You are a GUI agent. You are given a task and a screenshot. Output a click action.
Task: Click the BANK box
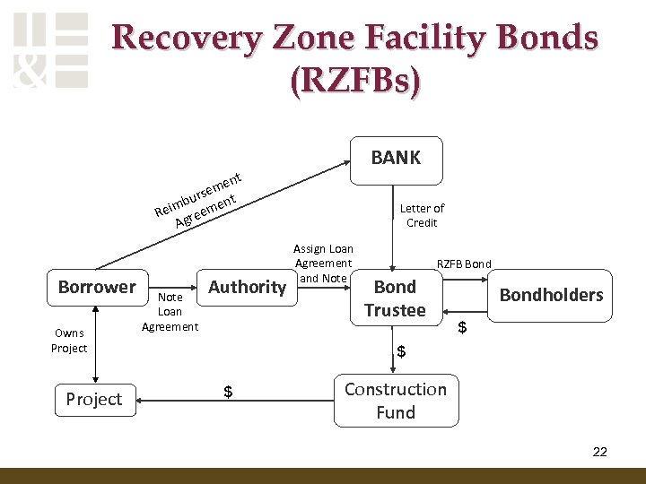[x=396, y=160]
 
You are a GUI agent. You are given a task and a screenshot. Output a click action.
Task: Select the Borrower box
[x=96, y=288]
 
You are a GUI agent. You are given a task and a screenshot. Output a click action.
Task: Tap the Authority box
[x=247, y=288]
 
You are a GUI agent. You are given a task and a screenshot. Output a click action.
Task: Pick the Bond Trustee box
[x=396, y=298]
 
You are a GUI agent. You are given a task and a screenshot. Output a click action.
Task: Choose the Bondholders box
[x=551, y=296]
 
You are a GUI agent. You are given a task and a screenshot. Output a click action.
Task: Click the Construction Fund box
[x=396, y=401]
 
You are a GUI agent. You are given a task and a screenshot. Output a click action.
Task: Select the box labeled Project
[x=93, y=400]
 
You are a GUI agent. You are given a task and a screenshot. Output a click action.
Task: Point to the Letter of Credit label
[x=422, y=215]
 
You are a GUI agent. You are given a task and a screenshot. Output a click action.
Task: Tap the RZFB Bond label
[x=464, y=264]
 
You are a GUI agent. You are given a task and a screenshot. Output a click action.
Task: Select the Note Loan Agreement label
[x=170, y=311]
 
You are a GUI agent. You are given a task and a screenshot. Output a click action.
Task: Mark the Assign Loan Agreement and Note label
[x=323, y=264]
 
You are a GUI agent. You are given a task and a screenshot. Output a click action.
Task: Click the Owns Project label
[x=69, y=341]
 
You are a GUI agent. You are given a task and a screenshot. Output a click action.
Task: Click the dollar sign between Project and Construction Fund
[x=228, y=392]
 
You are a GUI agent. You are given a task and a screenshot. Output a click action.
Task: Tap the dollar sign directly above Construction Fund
[x=401, y=352]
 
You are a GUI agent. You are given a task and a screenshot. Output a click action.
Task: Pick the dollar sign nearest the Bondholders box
[x=463, y=328]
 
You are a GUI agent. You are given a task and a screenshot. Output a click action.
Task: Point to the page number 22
[x=599, y=452]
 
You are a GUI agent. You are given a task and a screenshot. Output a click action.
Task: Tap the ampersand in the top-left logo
[x=31, y=71]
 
